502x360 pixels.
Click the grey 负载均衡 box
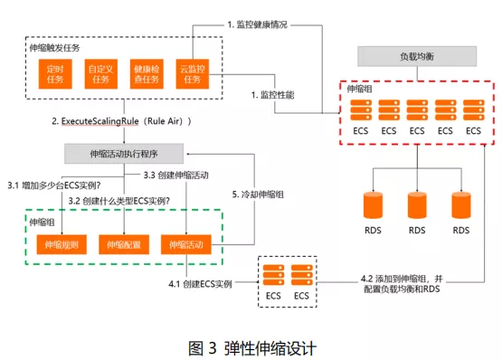coord(416,56)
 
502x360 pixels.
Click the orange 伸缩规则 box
coord(57,243)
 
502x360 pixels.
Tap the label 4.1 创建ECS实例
coord(201,284)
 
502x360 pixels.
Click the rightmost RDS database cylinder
coord(461,205)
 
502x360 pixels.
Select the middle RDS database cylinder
coord(417,205)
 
